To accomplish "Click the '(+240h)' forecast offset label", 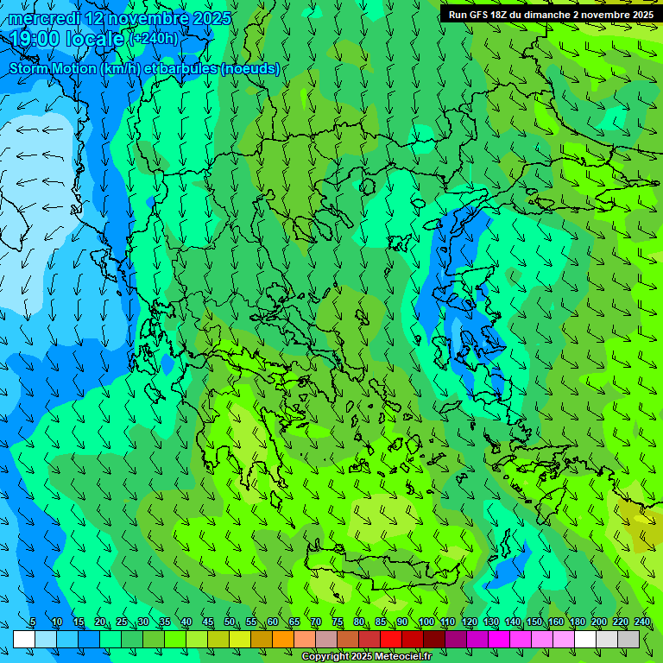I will tap(154, 39).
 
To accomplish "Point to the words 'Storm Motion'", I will tap(52, 68).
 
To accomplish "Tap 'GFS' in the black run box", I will tap(481, 15).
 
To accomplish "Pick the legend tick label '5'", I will tap(33, 622).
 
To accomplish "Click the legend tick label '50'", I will tap(229, 622).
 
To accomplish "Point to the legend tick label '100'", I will tap(426, 622).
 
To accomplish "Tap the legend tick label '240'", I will tap(641, 622).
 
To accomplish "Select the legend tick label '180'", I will tap(577, 622).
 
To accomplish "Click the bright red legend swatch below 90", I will tap(391, 639).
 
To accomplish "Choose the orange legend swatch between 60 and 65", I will tap(283, 639).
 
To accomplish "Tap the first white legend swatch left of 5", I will tap(24, 639).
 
